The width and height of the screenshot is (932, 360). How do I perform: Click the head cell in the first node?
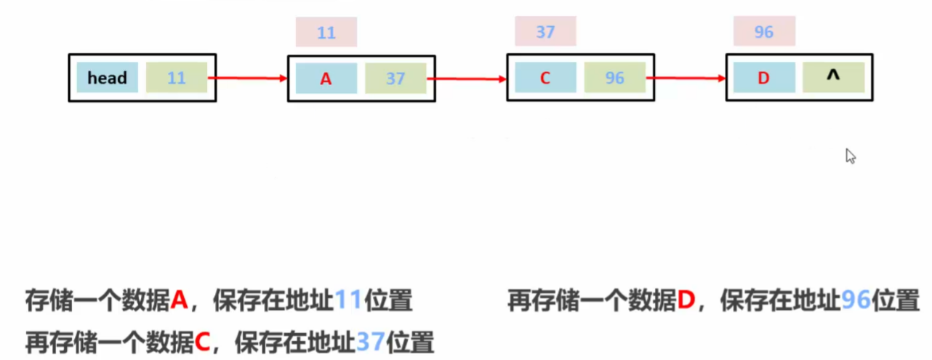point(107,78)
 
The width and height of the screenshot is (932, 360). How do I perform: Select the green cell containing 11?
point(176,78)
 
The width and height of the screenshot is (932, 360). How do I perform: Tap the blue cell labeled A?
point(326,79)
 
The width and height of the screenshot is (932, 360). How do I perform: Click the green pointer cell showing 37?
point(395,79)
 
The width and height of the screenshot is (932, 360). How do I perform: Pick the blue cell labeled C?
point(545,78)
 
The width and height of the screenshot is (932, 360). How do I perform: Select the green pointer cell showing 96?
point(615,78)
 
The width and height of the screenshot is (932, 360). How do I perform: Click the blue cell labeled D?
point(763,78)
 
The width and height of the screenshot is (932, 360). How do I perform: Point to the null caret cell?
point(833,77)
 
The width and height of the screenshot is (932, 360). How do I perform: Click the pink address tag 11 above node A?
point(326,33)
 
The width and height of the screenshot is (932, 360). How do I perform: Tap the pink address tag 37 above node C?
point(545,33)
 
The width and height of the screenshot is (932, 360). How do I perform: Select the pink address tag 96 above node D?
point(764,33)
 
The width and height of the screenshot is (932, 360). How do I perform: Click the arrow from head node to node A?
point(247,78)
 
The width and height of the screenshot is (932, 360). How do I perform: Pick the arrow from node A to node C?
point(467,79)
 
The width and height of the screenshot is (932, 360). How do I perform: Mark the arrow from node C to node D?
point(686,78)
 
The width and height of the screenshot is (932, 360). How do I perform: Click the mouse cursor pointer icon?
point(850,156)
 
